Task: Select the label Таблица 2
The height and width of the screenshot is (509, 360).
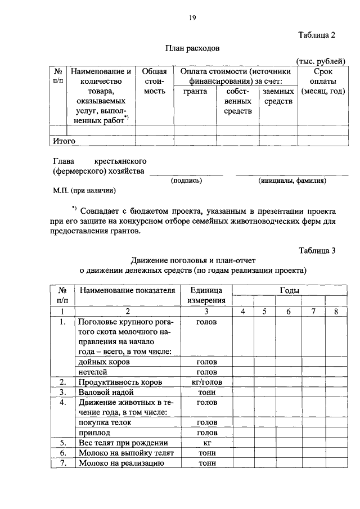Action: pos(316,35)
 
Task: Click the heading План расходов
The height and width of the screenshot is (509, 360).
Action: pos(192,49)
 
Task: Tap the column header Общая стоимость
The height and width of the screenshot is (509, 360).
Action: pos(154,81)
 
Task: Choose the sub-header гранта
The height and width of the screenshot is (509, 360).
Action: pos(195,91)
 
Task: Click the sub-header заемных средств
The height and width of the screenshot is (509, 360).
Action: pos(278,96)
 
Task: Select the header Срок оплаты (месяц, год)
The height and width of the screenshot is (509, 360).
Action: pos(322,81)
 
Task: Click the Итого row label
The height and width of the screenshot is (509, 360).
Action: pos(64,141)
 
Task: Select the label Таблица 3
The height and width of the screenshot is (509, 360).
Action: pos(317,251)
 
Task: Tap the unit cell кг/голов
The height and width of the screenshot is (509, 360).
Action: pos(206,382)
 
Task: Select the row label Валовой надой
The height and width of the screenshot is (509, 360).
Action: pos(106,392)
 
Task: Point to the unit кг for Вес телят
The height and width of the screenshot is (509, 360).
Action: pos(206,443)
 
